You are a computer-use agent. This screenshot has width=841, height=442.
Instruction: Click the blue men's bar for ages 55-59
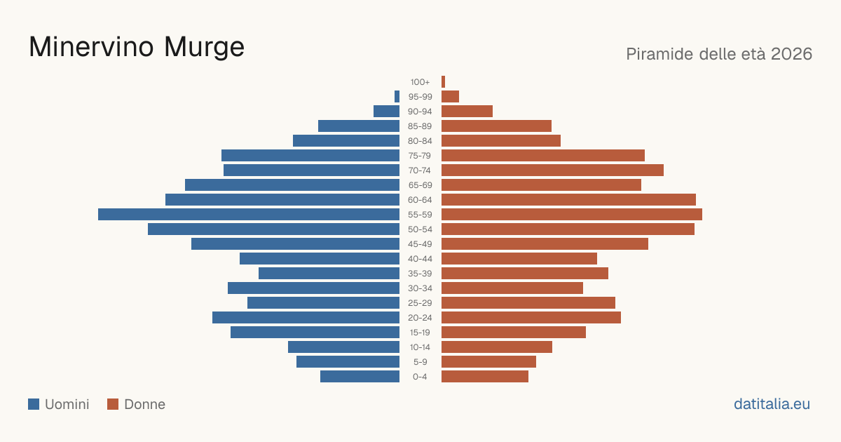pos(249,214)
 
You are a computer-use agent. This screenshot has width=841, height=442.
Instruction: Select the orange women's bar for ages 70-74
pos(552,170)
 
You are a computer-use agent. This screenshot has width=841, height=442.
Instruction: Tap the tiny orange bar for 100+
pos(443,82)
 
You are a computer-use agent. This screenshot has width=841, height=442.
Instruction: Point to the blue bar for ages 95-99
pos(397,97)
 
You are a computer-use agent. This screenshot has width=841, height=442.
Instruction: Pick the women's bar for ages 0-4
pos(485,377)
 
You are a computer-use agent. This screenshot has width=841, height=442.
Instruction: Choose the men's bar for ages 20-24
pos(306,318)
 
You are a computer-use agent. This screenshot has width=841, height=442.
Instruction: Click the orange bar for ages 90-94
pos(467,112)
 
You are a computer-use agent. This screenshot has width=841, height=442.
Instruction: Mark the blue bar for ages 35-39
pos(329,273)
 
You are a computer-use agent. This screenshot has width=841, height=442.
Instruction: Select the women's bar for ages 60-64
pos(568,199)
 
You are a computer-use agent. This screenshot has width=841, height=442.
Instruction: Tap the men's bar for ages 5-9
pos(348,362)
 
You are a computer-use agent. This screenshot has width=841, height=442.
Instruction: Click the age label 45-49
pos(420,244)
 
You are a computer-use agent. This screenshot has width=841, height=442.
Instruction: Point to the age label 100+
pos(420,82)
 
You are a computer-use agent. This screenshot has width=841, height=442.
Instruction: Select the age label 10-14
pos(420,347)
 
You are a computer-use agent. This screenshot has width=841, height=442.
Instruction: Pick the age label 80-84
pos(420,141)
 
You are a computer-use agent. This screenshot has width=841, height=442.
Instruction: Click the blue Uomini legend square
pos(34,404)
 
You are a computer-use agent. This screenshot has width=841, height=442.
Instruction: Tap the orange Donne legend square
pos(113,404)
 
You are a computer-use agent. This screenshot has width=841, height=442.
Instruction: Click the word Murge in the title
pos(204,48)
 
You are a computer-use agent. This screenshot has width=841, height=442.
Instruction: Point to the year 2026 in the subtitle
pos(791,54)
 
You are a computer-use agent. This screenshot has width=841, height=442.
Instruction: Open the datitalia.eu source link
pos(772,404)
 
